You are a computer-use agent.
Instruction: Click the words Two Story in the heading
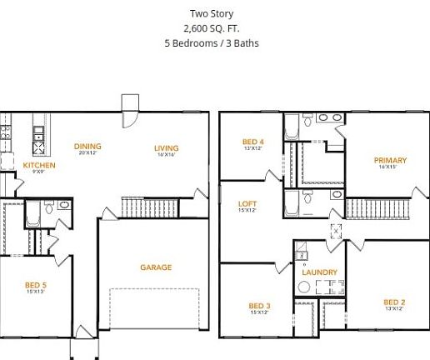(212, 13)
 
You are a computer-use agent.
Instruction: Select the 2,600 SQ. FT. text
(212, 27)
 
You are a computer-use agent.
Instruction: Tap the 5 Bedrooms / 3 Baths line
(212, 42)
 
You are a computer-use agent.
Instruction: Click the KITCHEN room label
(39, 165)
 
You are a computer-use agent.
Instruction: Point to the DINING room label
(87, 146)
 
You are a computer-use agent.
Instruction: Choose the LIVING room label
(166, 148)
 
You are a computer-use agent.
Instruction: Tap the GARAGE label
(156, 267)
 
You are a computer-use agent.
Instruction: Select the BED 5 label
(36, 285)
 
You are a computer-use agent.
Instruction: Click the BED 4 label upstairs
(253, 142)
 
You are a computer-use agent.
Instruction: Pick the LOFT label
(247, 203)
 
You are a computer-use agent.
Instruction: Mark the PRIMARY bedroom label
(390, 160)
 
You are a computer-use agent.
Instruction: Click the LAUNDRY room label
(320, 272)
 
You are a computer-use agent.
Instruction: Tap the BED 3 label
(258, 306)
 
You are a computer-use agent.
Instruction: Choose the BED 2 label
(393, 302)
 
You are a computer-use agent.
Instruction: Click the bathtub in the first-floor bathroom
(32, 213)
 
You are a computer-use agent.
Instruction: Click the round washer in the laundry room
(305, 287)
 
